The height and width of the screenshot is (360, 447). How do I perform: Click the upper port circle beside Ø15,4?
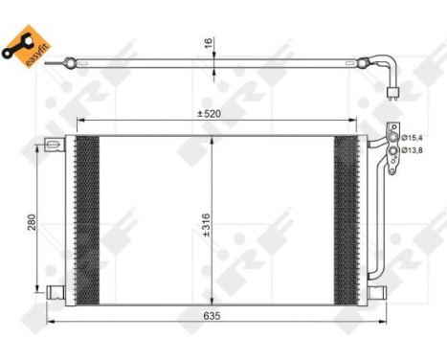pyautogui.click(x=391, y=137)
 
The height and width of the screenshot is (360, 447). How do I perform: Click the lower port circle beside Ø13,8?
pyautogui.click(x=391, y=149)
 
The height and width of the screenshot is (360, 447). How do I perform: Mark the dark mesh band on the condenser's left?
pyautogui.click(x=87, y=217)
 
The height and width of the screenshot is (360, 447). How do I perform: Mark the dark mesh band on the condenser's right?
pyautogui.click(x=345, y=217)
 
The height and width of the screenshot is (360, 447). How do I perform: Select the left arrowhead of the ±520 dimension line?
pyautogui.click(x=79, y=122)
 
